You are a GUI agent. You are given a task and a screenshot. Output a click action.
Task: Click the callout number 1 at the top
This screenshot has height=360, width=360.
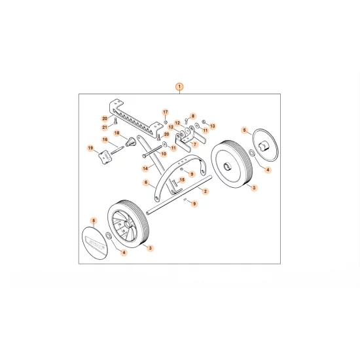click(x=180, y=86)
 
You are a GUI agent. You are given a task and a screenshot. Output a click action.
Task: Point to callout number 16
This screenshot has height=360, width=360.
click(x=105, y=139)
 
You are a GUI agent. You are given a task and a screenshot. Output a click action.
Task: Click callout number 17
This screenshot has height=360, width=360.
click(x=166, y=113)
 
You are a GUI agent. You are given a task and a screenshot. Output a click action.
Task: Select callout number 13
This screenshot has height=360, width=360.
click(x=213, y=125)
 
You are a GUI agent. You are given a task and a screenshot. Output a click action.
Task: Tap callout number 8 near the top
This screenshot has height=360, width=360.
click(x=193, y=115)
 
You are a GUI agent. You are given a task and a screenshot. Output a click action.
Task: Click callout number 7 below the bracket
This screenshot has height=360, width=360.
click(x=194, y=144)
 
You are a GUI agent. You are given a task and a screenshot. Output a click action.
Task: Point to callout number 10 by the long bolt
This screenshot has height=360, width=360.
click(x=164, y=154)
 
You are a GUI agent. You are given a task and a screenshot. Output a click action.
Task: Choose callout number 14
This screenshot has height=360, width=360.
click(x=145, y=168)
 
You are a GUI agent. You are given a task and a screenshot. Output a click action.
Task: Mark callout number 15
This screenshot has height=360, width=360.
click(x=183, y=179)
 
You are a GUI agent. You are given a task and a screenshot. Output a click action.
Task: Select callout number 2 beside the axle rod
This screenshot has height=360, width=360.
click(x=206, y=191)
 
